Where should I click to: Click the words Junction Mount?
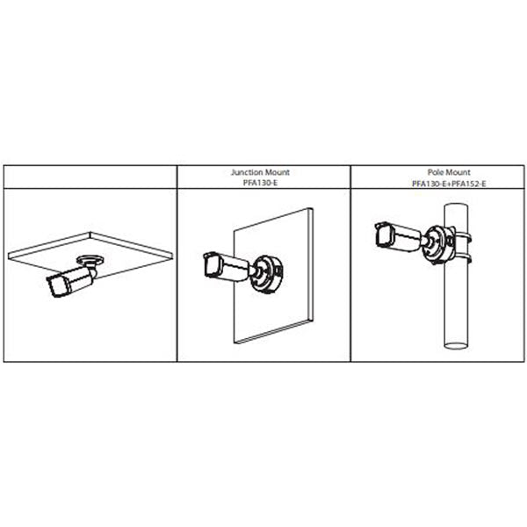click(260, 172)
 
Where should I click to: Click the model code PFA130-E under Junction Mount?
click(260, 184)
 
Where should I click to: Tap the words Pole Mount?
click(449, 172)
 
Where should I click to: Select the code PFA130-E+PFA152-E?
click(449, 184)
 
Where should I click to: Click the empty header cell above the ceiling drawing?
click(90, 177)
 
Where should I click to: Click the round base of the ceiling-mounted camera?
click(90, 259)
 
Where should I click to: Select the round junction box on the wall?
click(269, 274)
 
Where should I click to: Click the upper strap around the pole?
click(463, 236)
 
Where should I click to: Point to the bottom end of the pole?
click(456, 346)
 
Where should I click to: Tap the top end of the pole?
click(456, 206)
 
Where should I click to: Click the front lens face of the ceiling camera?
click(55, 286)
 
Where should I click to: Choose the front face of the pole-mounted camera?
click(382, 235)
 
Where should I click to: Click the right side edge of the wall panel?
click(312, 265)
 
